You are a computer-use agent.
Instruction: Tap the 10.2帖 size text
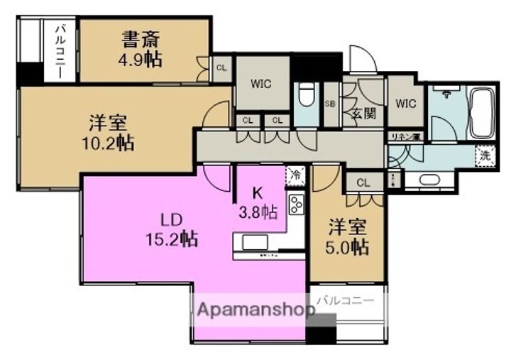pos(107,143)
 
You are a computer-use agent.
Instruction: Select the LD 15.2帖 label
pos(167,227)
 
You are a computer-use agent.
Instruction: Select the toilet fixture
pos(307,95)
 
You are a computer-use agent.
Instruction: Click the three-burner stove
pos(295,205)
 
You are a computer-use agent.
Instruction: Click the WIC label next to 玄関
pos(405,103)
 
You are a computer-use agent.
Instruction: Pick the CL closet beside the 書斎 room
pos(221,68)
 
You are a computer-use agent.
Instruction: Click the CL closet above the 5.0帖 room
pos(363,182)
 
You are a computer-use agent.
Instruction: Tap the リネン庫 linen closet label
pos(404,136)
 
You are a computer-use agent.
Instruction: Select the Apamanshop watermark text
pos(255,310)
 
